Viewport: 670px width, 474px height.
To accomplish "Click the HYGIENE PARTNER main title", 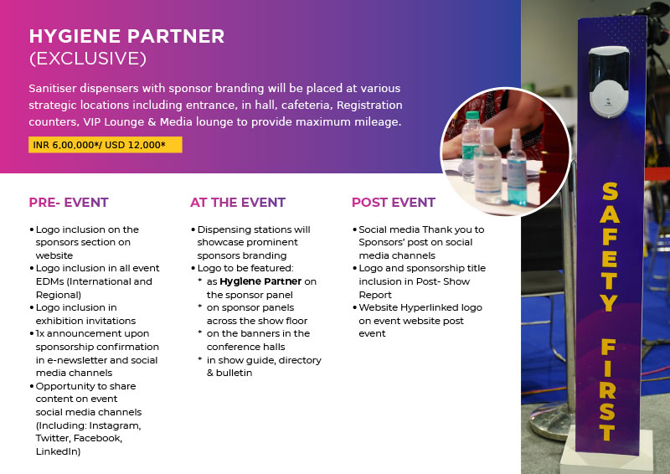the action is (x=126, y=36).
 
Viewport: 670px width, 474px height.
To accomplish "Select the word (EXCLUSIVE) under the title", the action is (x=88, y=59).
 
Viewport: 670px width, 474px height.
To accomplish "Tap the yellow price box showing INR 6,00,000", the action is (x=106, y=145).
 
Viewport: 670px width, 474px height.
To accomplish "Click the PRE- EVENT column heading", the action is (x=69, y=202).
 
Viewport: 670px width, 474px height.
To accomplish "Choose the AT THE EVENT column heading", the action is (x=238, y=202).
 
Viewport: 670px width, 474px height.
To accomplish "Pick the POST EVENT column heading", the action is (x=394, y=202).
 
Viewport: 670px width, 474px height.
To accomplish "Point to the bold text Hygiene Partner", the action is (x=260, y=281).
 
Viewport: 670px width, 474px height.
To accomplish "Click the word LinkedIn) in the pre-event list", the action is (x=58, y=451).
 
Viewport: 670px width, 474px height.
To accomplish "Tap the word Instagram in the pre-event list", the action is (x=115, y=425).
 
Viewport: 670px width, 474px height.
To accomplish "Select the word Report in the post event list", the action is (x=375, y=295).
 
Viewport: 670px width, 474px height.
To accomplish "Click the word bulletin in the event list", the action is (x=234, y=373).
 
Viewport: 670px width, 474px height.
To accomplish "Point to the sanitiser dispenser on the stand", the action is (x=609, y=81).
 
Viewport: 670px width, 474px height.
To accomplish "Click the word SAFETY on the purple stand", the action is (x=610, y=247).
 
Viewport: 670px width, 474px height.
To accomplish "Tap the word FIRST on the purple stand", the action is (x=608, y=389).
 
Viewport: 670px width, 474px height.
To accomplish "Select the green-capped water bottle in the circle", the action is (x=471, y=146).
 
